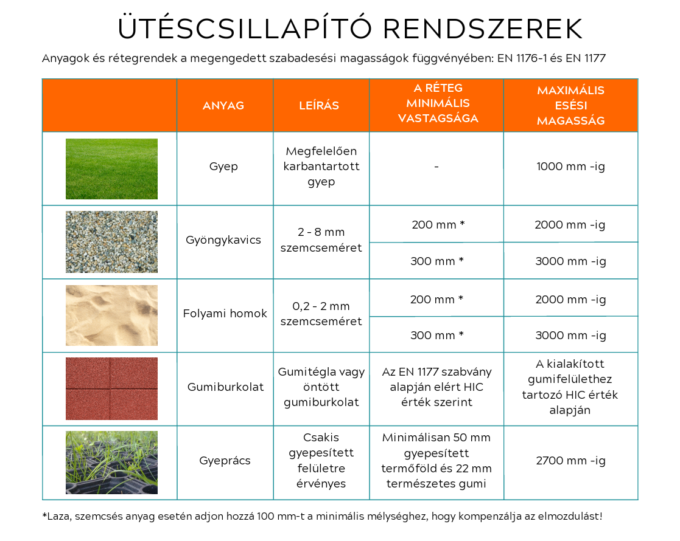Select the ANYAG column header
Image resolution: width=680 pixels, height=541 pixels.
point(223,106)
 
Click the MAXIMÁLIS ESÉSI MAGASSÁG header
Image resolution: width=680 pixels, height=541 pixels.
point(570,106)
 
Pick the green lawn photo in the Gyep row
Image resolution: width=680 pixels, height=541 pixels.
point(111,169)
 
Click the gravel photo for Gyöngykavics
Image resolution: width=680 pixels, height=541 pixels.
point(111,242)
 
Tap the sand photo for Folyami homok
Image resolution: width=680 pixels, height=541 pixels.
point(111,315)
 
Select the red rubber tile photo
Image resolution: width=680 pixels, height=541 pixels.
point(111,389)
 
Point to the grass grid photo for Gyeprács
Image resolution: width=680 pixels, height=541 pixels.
point(111,463)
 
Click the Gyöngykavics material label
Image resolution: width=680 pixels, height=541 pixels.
point(223,240)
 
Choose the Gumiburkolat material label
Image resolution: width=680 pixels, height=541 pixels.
point(226,387)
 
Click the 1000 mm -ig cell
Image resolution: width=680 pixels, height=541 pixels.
point(570,167)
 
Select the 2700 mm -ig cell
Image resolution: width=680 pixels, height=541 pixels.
point(570,461)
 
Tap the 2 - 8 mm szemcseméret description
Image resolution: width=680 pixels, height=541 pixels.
point(321,240)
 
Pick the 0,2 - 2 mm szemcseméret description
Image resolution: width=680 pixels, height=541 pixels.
point(321,314)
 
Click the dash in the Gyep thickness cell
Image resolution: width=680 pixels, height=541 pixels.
point(436,167)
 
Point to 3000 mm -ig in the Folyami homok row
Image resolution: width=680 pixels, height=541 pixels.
point(570,336)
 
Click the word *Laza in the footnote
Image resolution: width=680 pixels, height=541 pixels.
point(57,517)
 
